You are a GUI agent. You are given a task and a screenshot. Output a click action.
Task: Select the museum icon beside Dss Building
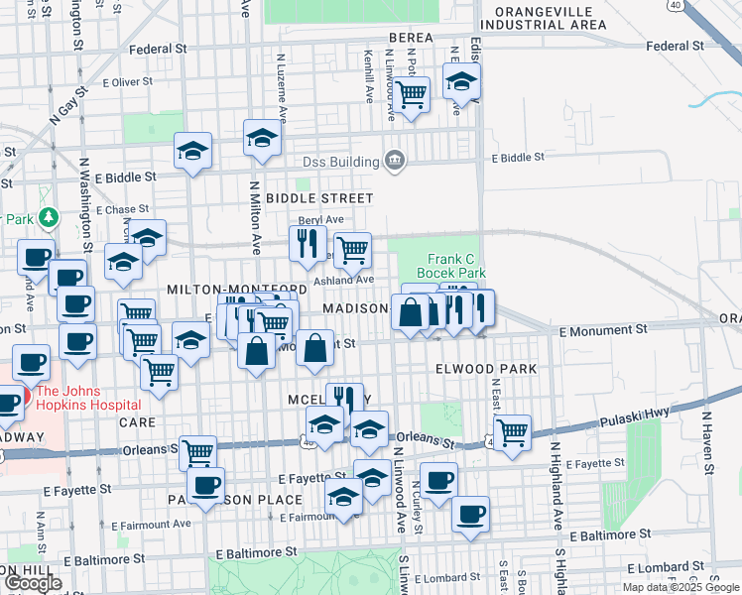pos(394,161)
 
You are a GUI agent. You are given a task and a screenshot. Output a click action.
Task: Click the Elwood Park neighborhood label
pos(485,369)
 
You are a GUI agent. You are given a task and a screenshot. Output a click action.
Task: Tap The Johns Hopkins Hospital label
pos(88,398)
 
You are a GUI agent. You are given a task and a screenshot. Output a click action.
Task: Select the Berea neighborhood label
pos(411,38)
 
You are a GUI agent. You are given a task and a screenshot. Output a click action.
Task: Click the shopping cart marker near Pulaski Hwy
pos(512,430)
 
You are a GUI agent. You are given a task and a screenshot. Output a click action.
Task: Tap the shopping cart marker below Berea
pos(411,94)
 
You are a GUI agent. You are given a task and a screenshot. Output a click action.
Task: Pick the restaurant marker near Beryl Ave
pos(309,241)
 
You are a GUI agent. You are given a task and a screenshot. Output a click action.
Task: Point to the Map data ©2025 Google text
pos(680,587)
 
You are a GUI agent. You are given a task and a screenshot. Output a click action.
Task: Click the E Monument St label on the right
pos(603,328)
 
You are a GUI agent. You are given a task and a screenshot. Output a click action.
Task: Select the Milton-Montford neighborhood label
pos(229,288)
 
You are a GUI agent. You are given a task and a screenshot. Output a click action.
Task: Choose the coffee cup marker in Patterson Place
pos(205,485)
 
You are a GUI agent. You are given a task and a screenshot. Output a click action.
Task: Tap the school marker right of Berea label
pos(461,81)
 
